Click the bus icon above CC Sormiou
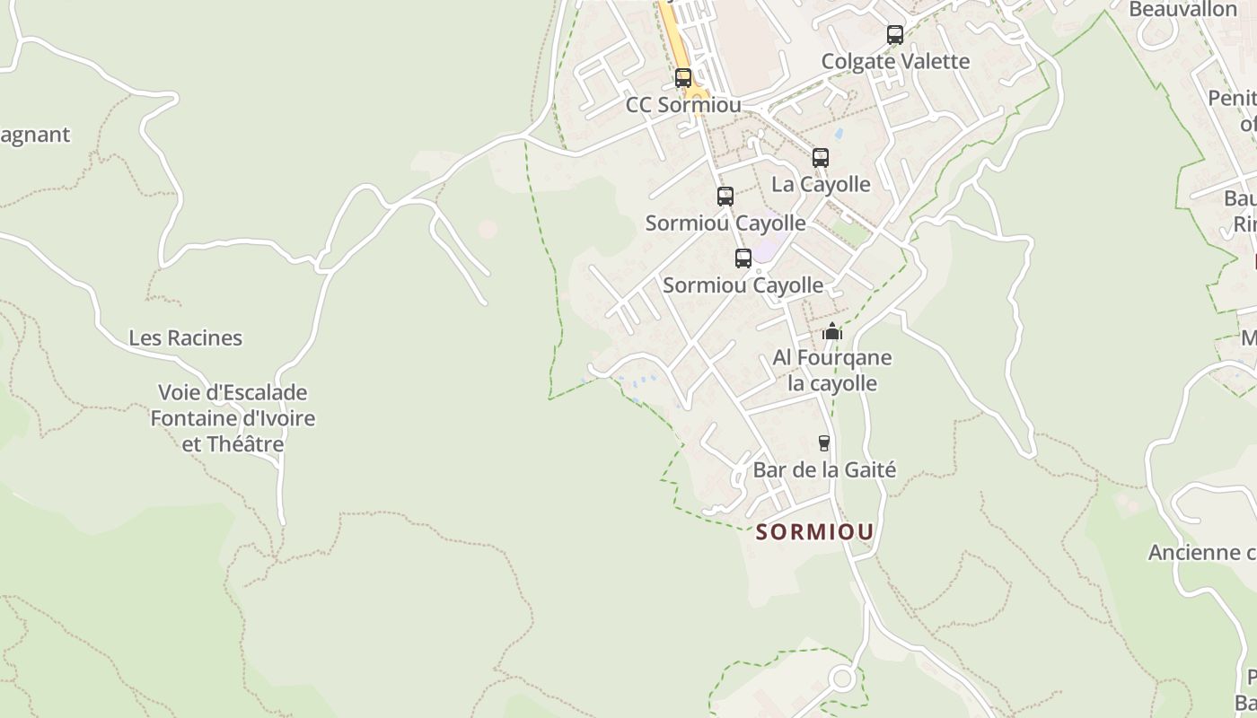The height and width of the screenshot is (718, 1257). click(683, 78)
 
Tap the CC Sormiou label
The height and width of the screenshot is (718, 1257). click(683, 105)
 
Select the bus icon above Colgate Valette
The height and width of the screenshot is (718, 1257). click(895, 35)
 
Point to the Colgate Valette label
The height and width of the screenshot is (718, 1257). click(895, 61)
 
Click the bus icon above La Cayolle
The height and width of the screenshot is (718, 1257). click(821, 158)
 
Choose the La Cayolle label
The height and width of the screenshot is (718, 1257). click(821, 184)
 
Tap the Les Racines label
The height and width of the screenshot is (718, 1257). click(186, 338)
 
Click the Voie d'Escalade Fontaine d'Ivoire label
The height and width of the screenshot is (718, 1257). click(233, 418)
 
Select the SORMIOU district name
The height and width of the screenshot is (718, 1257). click(814, 532)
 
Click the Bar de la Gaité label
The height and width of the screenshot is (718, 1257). click(824, 469)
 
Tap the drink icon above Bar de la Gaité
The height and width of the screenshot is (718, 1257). click(824, 442)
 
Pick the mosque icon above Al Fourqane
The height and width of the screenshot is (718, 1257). click(832, 331)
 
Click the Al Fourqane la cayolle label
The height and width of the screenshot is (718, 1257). click(832, 371)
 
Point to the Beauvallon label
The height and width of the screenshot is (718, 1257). click(1182, 10)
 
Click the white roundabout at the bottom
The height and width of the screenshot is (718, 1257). click(842, 679)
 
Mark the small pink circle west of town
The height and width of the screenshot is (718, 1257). click(488, 229)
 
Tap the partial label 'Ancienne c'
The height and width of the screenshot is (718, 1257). click(1201, 552)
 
